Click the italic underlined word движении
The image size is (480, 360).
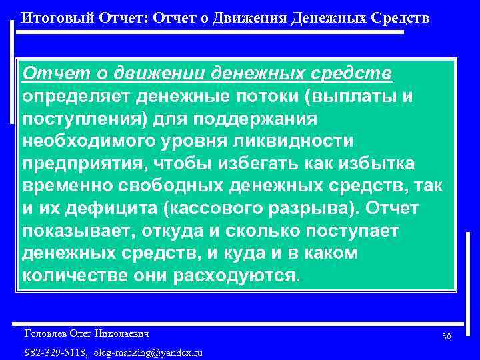coord(156,73)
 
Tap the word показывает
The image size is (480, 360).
coord(74,231)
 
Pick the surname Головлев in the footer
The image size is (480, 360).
coord(47,332)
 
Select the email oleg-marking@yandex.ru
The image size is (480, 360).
coord(148,351)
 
